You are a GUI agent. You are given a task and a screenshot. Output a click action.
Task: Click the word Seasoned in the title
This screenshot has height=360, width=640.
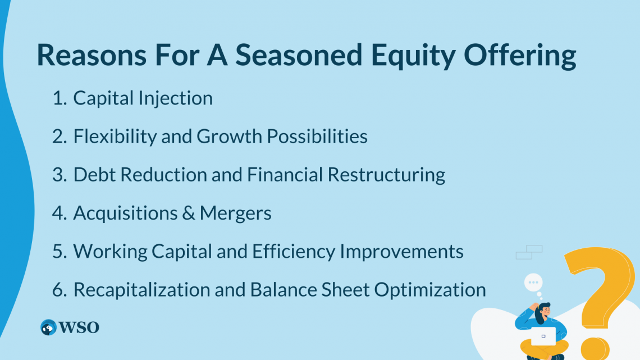(299, 54)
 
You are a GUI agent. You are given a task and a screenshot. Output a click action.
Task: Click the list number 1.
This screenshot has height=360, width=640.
(59, 98)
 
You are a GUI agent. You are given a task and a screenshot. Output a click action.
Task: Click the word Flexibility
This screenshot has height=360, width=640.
(115, 136)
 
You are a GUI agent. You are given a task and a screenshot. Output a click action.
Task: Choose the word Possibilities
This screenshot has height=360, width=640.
(317, 136)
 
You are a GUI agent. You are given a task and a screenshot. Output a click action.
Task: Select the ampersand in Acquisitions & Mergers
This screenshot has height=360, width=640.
(189, 213)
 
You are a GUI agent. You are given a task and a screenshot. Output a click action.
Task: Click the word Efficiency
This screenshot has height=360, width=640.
(294, 252)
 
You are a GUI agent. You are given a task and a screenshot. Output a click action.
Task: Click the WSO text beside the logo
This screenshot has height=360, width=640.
(79, 327)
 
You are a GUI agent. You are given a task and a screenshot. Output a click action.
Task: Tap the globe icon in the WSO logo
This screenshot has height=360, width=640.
(48, 327)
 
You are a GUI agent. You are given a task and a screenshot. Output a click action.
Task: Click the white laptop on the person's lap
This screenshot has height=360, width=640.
(543, 336)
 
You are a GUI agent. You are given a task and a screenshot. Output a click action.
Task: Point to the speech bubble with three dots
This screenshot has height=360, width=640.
(533, 282)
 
